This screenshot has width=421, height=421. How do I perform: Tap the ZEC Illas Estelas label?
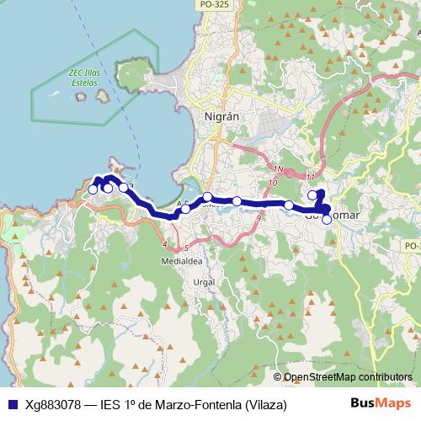(85, 77)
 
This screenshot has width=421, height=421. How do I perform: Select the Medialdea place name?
(182, 261)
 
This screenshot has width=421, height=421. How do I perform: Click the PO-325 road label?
(215, 5)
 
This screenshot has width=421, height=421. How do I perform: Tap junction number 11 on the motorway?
(311, 177)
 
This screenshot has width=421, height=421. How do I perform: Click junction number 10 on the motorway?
(272, 182)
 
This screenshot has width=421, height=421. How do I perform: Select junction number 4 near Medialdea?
(164, 244)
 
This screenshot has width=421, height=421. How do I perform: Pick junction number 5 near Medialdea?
(184, 248)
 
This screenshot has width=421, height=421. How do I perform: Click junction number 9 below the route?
(257, 218)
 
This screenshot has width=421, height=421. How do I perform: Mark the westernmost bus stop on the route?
(93, 189)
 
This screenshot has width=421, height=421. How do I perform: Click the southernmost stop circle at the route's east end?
(327, 219)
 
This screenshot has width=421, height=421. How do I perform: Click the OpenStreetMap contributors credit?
(347, 377)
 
